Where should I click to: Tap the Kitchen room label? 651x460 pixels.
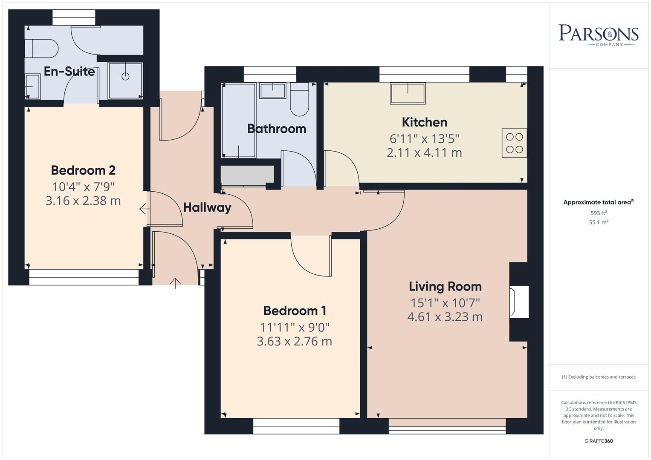coord(424,122)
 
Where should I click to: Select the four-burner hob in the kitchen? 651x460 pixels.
coord(514,143)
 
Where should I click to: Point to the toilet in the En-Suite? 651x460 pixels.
coord(41,49)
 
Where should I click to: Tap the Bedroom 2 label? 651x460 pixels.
coord(83,170)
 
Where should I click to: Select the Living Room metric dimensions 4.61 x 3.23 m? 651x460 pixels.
coord(445,317)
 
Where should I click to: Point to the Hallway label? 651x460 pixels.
coord(207,207)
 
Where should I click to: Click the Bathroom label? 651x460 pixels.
coord(276,129)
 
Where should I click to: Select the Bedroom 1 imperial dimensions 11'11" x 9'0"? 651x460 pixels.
coord(295,328)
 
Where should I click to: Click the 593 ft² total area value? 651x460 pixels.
coord(598,213)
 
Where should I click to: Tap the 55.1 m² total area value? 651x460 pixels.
coord(598,222)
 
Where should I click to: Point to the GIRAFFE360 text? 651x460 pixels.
coord(598,441)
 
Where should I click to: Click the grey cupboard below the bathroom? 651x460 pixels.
coord(247,175)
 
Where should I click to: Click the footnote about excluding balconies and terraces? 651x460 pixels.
coord(598,377)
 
